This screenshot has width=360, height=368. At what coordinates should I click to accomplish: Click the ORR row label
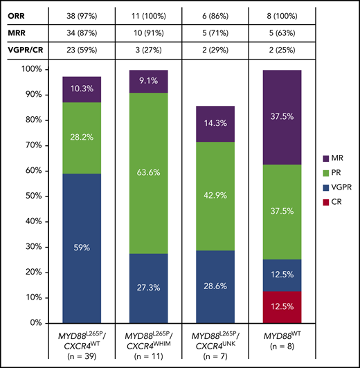click(x=17, y=14)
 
